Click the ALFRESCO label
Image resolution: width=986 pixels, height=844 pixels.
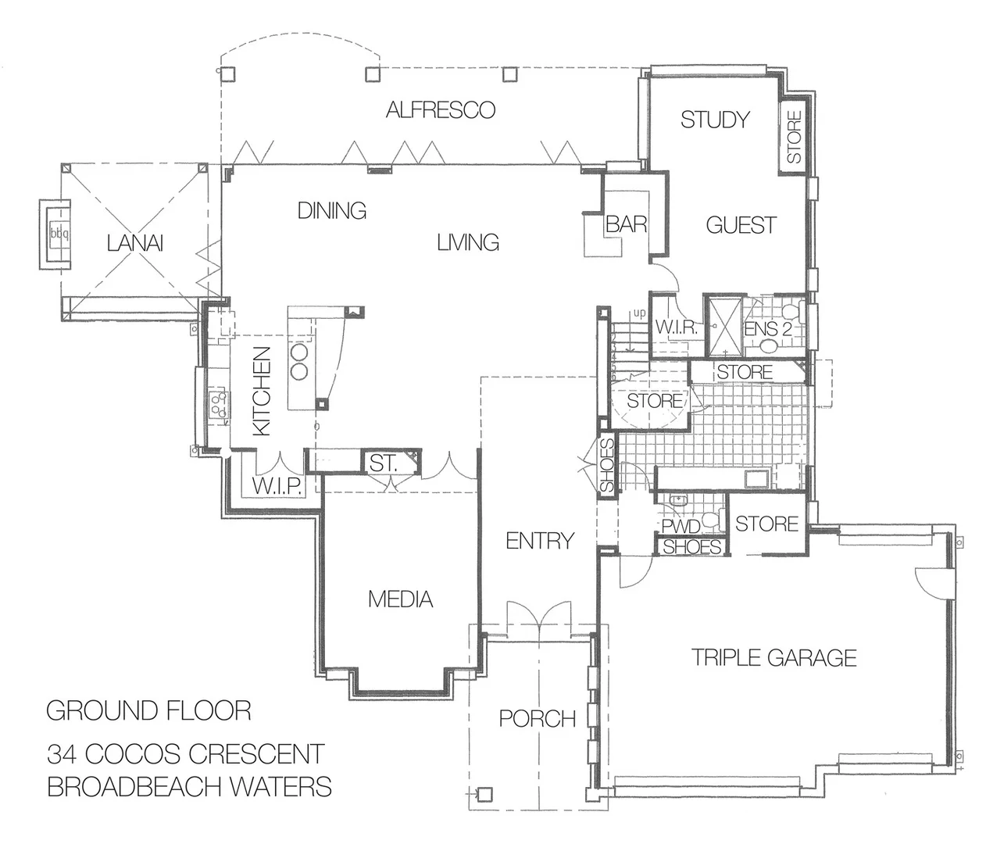441,109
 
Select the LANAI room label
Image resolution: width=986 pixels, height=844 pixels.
135,244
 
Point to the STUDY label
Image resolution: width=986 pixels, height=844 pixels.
715,120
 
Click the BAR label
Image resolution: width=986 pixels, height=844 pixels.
627,224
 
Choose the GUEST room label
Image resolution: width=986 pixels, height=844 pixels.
741,225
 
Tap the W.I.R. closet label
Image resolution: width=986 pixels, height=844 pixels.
676,327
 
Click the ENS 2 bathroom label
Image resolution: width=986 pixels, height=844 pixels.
767,329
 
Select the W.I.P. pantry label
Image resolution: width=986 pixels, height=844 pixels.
277,486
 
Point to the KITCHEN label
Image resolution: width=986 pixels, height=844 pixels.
262,391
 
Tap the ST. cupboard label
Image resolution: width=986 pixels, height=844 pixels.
384,463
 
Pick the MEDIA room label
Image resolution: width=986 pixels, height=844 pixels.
400,599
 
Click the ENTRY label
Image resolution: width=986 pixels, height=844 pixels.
540,540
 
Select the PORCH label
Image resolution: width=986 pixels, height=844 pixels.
538,718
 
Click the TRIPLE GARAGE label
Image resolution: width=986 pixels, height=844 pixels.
774,657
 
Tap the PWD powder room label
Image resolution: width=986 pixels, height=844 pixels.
681,527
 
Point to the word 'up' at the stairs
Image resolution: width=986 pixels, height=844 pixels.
639,314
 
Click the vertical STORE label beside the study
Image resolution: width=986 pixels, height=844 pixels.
794,138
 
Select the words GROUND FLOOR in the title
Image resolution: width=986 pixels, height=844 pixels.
148,710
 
